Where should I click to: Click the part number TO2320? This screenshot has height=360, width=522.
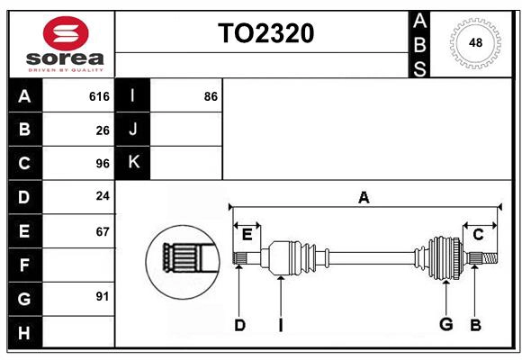pos(265,33)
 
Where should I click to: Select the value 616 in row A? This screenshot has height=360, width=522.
pos(99,96)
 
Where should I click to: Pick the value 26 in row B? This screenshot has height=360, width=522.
pos(103,130)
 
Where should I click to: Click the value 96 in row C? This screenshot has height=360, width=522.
pos(103,164)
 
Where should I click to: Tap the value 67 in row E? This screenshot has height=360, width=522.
pos(103,231)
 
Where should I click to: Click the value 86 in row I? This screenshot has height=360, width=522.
pos(211,96)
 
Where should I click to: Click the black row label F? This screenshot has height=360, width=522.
pos(24,265)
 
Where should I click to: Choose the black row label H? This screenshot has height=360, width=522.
pos(24,332)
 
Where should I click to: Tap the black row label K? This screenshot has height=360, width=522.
pos(133,163)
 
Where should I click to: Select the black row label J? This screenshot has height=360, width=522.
pos(133,130)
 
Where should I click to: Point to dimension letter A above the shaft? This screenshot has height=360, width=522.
pos(364,197)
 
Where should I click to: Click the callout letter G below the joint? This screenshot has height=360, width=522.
pos(445,325)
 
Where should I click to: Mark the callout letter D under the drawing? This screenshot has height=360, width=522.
pos(239,325)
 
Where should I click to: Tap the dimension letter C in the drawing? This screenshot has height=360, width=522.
pos(478,235)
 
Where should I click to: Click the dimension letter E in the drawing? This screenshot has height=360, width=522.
pos(247,235)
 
